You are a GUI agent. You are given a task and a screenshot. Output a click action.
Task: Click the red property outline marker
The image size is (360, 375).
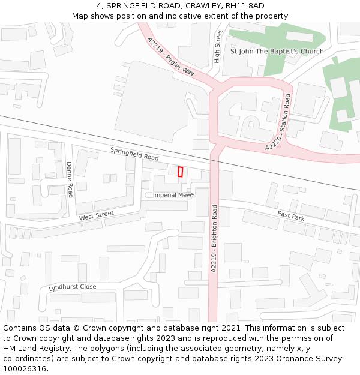(180, 172)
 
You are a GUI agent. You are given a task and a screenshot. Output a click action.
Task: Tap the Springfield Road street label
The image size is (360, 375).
(134, 154)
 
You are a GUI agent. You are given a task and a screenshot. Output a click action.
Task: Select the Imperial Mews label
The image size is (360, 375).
(173, 195)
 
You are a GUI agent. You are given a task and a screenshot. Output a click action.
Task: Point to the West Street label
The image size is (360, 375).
(96, 215)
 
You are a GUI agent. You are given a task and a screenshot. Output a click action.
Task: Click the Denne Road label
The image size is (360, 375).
(70, 179)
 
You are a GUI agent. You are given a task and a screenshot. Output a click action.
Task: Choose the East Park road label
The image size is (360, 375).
(291, 215)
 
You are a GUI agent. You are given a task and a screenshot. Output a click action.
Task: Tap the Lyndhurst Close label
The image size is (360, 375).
(73, 287)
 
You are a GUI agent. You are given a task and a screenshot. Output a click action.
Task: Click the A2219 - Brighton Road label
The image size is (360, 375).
(214, 238)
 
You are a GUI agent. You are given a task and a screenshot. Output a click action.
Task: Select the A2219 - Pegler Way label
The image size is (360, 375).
(171, 56)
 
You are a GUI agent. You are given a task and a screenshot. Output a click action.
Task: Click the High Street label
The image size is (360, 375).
(218, 47)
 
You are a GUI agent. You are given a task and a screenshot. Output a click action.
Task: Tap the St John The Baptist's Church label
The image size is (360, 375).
(277, 51)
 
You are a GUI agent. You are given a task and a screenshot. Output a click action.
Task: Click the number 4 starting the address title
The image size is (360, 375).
(98, 5)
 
